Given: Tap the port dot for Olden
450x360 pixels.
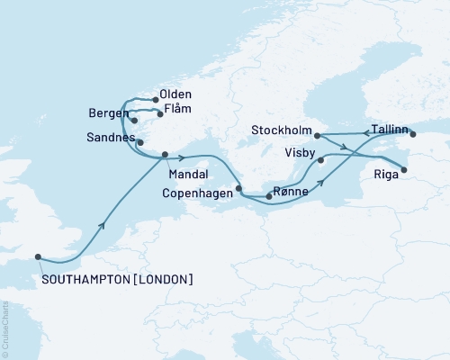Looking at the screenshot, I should pos(156,100).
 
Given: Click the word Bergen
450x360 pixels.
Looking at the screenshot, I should pos(108,114).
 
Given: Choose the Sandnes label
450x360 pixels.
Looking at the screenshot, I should pos(112,139).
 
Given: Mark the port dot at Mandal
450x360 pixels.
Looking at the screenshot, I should pos(165,156).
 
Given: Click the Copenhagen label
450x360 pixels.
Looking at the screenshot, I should pos(188,193).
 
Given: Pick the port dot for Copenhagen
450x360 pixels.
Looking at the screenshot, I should pos(238,189).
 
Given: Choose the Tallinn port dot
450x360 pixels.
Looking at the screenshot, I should pos(413,135).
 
